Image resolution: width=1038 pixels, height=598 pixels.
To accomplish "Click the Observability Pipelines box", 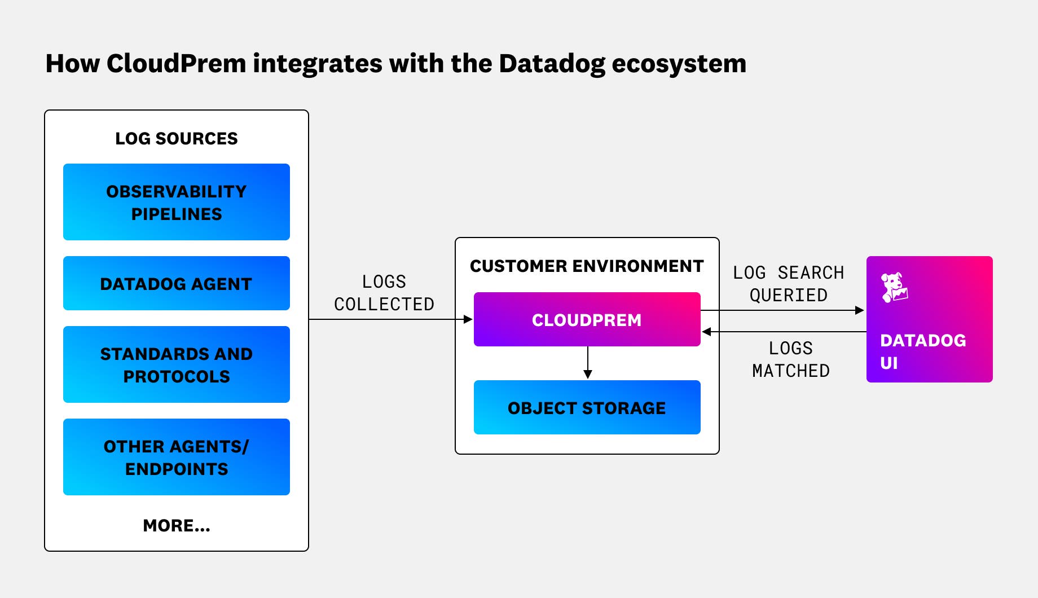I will tap(176, 202).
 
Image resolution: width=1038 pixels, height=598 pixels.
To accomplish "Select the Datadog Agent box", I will tap(176, 283).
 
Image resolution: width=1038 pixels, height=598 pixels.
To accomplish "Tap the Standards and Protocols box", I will tap(176, 364).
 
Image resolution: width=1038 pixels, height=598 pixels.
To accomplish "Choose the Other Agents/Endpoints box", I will tap(176, 457).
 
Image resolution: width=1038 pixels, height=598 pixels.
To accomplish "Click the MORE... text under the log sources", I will tap(176, 525).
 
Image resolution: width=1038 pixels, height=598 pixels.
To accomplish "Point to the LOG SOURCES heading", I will tap(176, 138).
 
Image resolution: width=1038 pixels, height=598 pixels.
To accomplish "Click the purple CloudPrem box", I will tap(587, 319).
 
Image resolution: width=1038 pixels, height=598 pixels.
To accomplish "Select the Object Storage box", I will tap(587, 407).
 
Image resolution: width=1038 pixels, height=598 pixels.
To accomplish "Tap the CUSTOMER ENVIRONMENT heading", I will tap(587, 266).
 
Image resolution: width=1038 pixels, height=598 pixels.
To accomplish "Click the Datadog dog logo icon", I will tap(894, 287).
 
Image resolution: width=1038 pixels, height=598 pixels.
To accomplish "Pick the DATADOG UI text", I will tap(922, 351).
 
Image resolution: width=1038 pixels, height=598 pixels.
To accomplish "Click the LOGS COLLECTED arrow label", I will tap(384, 293).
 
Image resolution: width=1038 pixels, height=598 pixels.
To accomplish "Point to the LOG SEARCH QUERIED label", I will tap(788, 284).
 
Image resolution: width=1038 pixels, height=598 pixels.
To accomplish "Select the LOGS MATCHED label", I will tap(790, 359).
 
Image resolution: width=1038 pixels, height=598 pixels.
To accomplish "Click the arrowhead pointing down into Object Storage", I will tap(587, 375).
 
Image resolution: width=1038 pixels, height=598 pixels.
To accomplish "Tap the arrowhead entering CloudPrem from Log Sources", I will tap(468, 319).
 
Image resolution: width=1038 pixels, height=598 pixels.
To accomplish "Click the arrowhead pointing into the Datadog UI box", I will tap(860, 310).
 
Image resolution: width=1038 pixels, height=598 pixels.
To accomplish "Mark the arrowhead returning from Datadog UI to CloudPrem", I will tap(706, 332).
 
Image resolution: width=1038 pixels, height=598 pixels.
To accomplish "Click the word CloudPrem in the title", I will tap(176, 63).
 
